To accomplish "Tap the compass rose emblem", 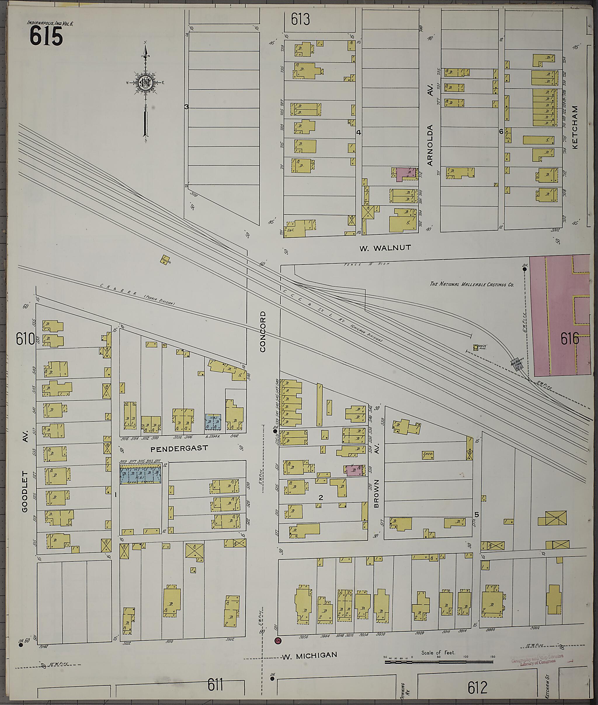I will click(x=146, y=82).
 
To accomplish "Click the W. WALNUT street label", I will click(x=385, y=248).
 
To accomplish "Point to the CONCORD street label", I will click(x=263, y=331).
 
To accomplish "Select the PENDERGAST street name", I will click(x=179, y=448).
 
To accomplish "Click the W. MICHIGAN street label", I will click(x=310, y=656).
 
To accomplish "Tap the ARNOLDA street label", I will click(x=430, y=145).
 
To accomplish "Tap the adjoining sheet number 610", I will click(x=25, y=339).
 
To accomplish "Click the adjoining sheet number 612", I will click(x=477, y=688).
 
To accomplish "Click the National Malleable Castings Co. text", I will click(x=472, y=284).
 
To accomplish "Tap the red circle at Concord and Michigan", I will click(x=278, y=640).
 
